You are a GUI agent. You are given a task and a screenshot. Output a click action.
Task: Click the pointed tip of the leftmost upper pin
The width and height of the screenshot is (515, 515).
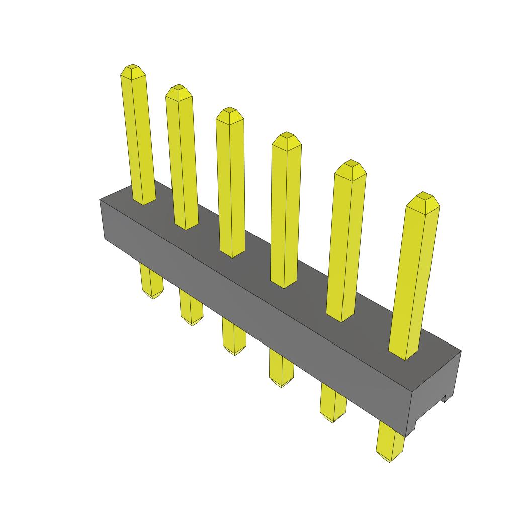click(x=133, y=67)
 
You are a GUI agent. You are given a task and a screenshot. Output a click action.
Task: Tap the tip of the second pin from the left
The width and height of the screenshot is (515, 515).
click(x=178, y=88)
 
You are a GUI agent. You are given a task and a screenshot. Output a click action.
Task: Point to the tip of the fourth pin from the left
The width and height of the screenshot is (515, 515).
click(x=287, y=135)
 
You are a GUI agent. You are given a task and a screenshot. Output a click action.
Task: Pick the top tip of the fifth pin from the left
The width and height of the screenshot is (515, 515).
click(x=351, y=163)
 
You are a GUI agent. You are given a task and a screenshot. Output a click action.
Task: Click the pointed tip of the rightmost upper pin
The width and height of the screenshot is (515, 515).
click(x=424, y=195)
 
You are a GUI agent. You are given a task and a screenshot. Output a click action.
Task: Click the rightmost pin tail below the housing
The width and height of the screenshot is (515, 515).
click(x=391, y=443)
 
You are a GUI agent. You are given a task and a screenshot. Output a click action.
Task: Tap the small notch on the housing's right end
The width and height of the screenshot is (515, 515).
click(x=445, y=399)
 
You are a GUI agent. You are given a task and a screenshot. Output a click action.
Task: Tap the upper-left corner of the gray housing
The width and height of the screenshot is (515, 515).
click(x=101, y=200)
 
